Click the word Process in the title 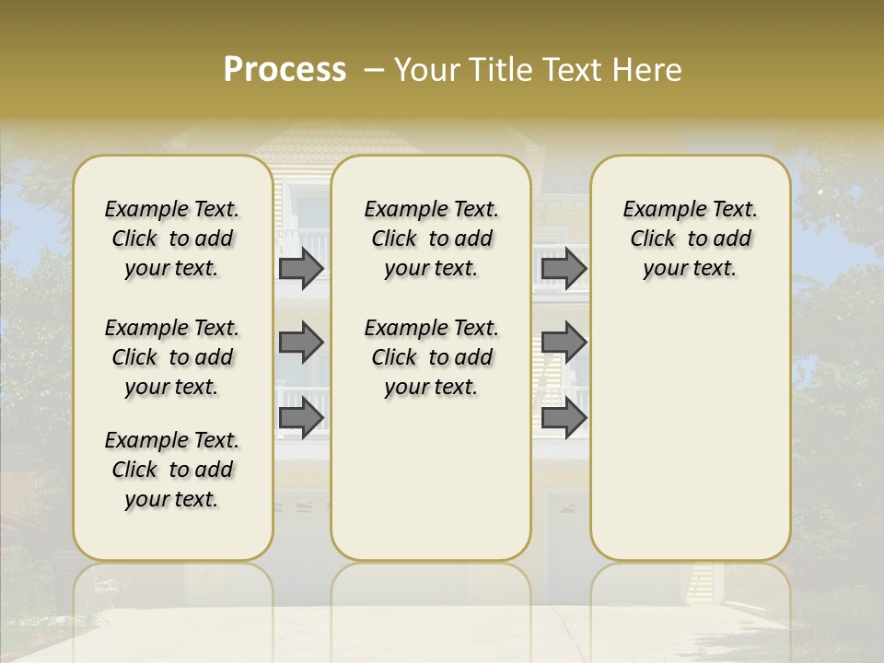click(x=285, y=70)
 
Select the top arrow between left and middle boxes click(x=301, y=268)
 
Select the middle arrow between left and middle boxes click(x=301, y=343)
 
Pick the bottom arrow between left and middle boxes click(x=301, y=418)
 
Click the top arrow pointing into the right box click(x=564, y=268)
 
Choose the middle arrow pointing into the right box click(x=564, y=343)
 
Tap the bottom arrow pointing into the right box click(x=564, y=418)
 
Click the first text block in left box click(x=172, y=238)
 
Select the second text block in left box click(x=172, y=357)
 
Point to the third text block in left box click(x=172, y=470)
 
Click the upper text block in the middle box click(x=431, y=238)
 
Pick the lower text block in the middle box click(x=431, y=357)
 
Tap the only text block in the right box click(x=690, y=238)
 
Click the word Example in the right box click(x=657, y=210)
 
